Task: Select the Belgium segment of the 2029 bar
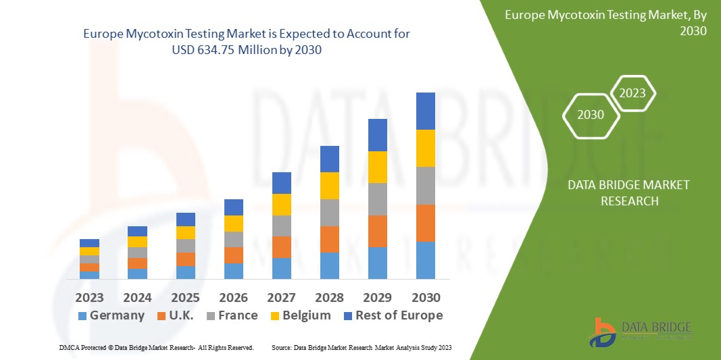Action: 377,167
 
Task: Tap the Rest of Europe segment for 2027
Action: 281,183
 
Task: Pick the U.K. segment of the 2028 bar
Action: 329,239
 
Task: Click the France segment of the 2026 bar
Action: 233,239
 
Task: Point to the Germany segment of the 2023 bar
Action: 89,275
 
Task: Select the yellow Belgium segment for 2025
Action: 185,232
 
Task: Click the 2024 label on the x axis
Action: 137,297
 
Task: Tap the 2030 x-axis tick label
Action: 425,297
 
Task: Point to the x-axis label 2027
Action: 281,297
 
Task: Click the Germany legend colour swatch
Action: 82,316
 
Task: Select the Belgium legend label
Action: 307,315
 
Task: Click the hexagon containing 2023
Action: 632,93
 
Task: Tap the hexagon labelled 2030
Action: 591,115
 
